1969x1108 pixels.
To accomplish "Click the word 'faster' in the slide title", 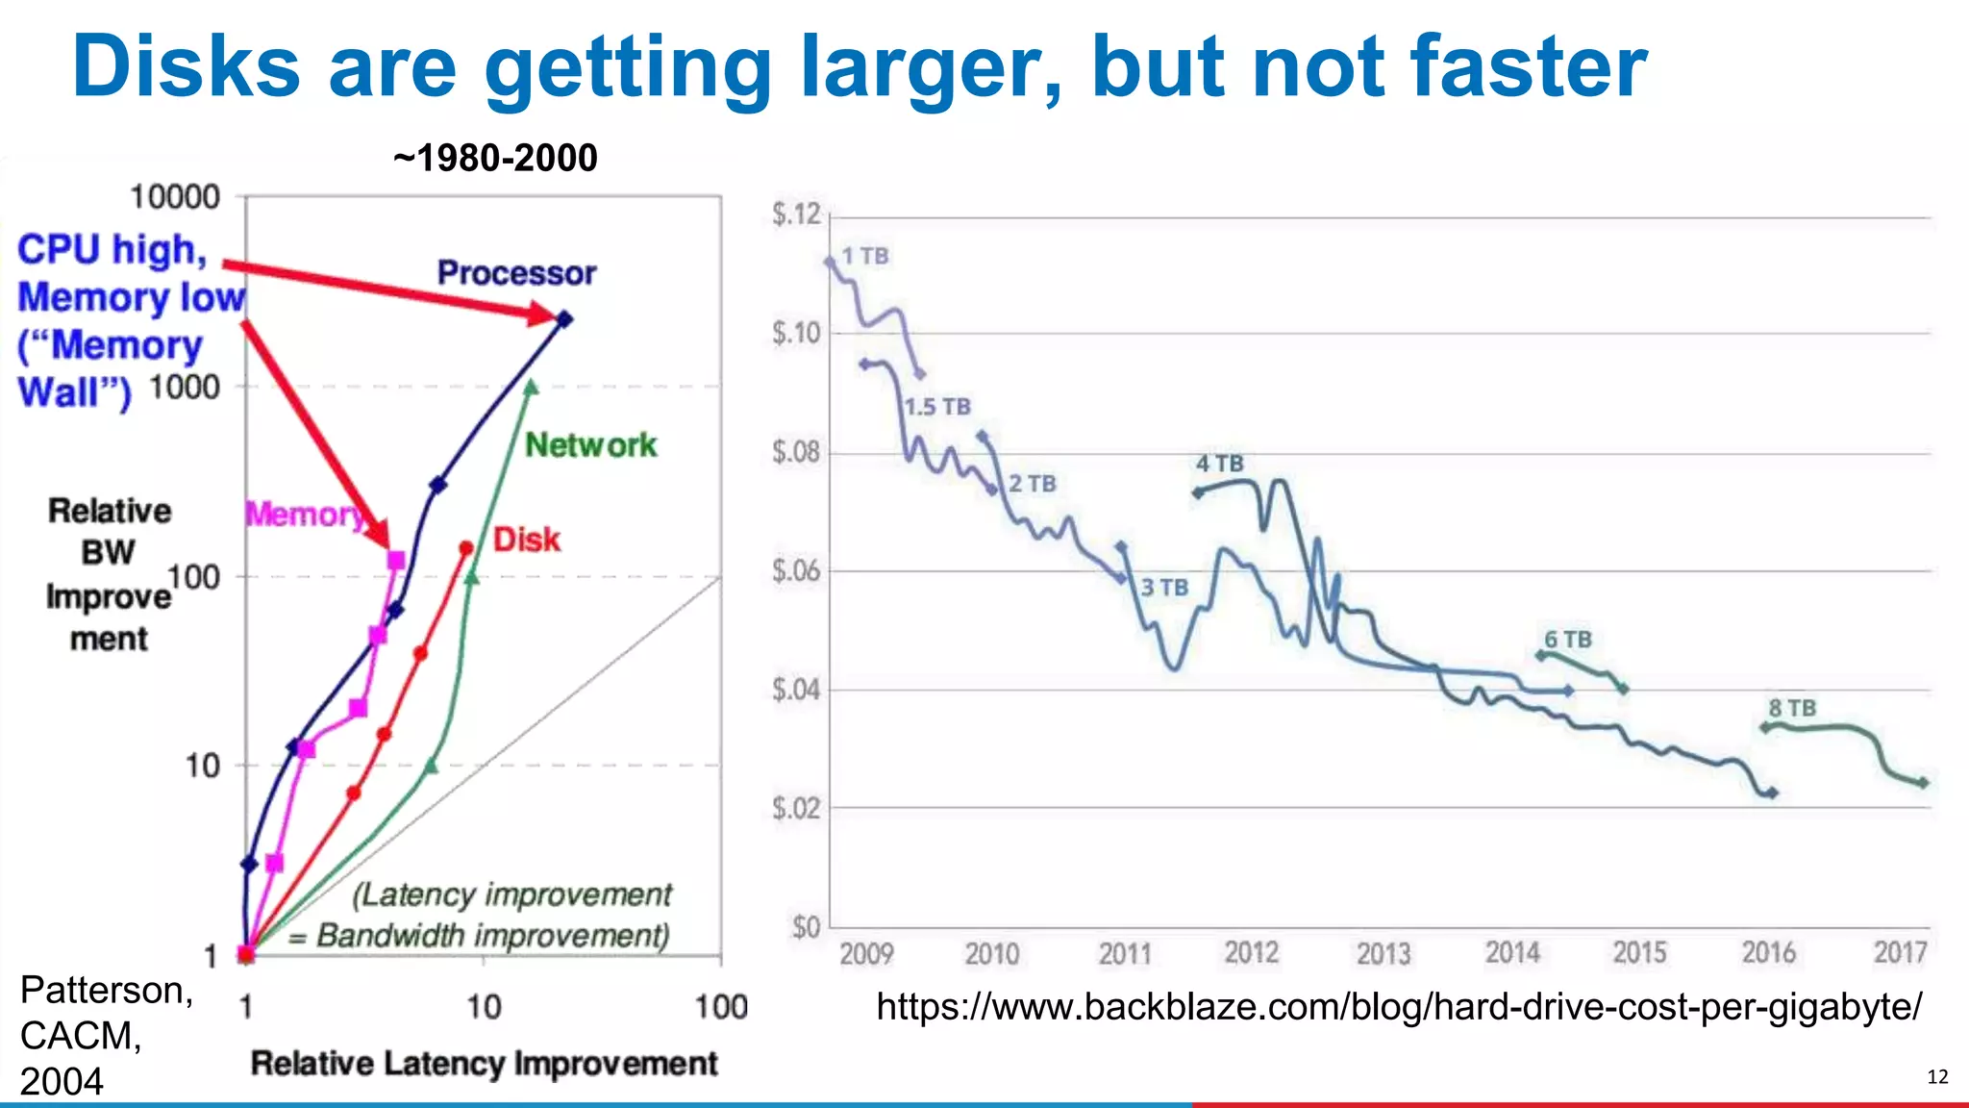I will coord(1529,67).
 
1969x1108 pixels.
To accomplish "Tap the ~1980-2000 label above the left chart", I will coord(495,158).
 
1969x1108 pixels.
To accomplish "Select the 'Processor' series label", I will coord(516,273).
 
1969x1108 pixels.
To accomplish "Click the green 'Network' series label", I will coord(590,445).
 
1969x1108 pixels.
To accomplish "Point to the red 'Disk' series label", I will coord(526,540).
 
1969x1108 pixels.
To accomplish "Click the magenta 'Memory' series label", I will coord(304,515).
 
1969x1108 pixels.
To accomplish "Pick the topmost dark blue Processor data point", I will coord(565,318).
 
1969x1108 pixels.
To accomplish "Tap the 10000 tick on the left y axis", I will coord(174,197).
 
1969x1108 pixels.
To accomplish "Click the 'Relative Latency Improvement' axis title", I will coord(484,1064).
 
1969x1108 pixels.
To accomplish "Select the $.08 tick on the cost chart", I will coord(796,452).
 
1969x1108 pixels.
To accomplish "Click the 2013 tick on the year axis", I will coord(1383,953).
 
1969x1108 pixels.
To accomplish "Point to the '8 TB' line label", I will coord(1792,708).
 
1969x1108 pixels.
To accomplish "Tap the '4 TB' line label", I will coord(1219,464).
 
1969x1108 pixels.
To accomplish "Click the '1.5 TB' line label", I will coord(937,407).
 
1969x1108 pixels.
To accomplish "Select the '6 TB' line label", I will coord(1567,640).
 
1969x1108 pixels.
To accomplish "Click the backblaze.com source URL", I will coord(1399,1007).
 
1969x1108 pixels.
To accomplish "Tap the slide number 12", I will coord(1937,1076).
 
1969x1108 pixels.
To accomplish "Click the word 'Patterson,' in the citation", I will coord(106,990).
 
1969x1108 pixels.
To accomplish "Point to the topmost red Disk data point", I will coord(466,548).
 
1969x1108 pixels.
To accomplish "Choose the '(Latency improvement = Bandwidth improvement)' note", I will coord(494,915).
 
